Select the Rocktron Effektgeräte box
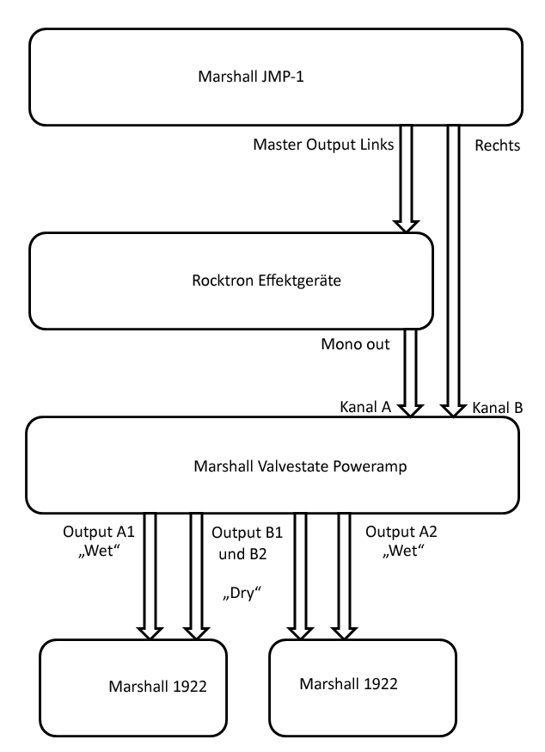point(230,280)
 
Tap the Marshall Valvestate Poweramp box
point(273,465)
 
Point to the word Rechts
point(498,145)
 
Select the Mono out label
point(356,344)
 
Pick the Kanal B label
point(497,407)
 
